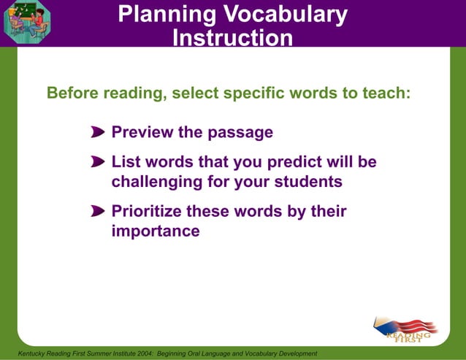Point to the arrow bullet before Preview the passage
tap(98, 133)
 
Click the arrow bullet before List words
tap(98, 162)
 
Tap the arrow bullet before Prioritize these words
tap(98, 212)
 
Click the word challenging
tap(156, 182)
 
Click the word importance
tap(155, 231)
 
